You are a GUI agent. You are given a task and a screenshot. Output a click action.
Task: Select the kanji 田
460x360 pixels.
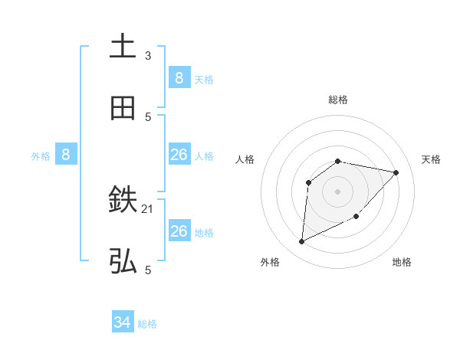(x=123, y=110)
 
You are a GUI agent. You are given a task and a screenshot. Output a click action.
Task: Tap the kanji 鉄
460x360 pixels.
(x=123, y=201)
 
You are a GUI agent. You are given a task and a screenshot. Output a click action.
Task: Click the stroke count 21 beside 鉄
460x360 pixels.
(x=149, y=208)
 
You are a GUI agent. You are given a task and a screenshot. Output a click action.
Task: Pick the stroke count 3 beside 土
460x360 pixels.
(x=148, y=55)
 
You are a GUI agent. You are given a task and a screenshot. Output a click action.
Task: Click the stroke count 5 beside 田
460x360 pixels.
(x=148, y=116)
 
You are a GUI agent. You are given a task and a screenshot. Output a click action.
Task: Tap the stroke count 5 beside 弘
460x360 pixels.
(x=148, y=270)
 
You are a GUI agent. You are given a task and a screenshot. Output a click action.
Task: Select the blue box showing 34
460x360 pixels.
(x=123, y=323)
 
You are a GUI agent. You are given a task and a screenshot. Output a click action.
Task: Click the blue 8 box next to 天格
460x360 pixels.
(x=179, y=77)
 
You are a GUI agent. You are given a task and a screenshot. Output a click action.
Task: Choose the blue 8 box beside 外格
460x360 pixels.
(x=66, y=155)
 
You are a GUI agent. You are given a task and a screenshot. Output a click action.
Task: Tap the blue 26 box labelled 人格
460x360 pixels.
(x=179, y=155)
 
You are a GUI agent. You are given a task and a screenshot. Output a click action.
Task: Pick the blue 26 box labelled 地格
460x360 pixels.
(x=179, y=231)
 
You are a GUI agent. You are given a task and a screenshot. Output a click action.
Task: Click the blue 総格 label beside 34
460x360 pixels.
(x=147, y=324)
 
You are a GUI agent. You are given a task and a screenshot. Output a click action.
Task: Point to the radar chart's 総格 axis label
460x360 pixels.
(x=338, y=100)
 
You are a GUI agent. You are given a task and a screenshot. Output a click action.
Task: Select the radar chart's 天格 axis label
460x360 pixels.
(x=432, y=159)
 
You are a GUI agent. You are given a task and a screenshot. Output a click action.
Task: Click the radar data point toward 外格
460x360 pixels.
(x=301, y=242)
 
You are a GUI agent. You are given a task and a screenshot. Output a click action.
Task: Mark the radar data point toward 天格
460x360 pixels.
(x=396, y=172)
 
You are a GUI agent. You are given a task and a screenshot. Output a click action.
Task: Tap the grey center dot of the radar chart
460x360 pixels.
(x=338, y=191)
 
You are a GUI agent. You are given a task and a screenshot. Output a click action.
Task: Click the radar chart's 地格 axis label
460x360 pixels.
(x=402, y=262)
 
